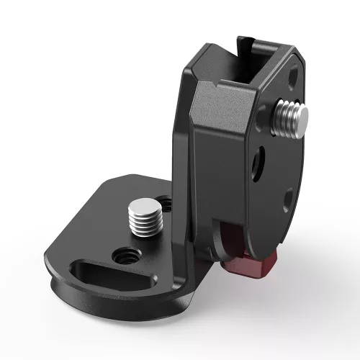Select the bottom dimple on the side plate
pos(286,197)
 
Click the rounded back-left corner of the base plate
pos(115,184)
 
